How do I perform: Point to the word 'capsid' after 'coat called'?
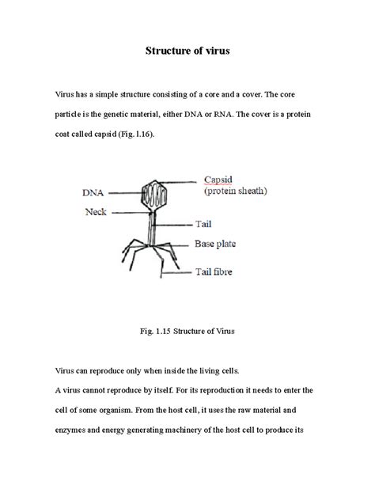coord(105,134)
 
